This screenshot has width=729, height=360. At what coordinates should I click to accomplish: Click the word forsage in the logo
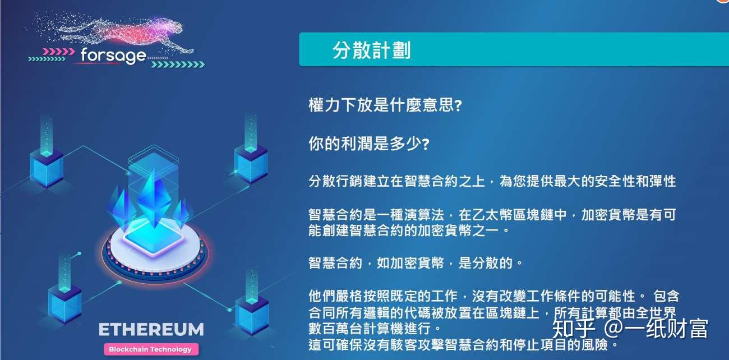click(113, 55)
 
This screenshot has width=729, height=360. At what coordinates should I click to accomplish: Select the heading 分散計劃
click(371, 50)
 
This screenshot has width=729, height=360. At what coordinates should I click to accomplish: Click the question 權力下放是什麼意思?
click(385, 105)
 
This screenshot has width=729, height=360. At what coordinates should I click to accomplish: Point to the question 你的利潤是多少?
click(368, 144)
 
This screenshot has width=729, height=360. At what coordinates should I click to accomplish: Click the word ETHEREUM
click(151, 329)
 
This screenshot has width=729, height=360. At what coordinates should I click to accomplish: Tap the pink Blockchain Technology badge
click(150, 349)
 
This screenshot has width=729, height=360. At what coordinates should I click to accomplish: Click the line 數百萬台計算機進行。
click(375, 328)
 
